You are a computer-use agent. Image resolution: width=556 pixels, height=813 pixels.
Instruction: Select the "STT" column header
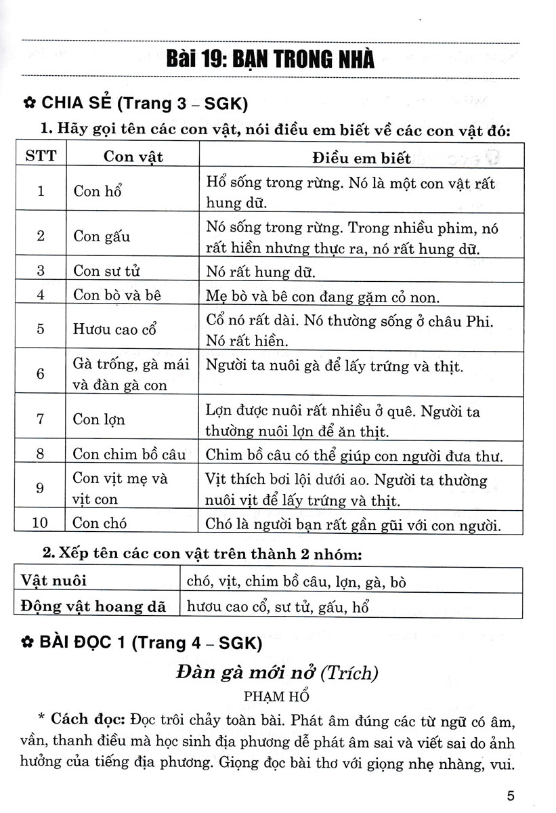pos(41,157)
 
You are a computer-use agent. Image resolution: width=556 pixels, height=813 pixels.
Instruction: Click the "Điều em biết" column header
pos(361,158)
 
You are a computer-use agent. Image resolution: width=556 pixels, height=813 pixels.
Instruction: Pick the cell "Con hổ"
pos(97,191)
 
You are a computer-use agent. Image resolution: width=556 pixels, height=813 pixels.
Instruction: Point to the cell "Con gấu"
pos(102,236)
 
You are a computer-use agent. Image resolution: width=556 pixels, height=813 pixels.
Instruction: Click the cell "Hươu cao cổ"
pos(114,330)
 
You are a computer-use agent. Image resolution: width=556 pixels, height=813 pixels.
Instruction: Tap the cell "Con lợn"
pos(99,419)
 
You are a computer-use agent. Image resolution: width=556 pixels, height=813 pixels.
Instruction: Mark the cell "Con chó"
pos(100,523)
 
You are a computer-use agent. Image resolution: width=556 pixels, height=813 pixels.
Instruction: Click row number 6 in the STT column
pos(41,375)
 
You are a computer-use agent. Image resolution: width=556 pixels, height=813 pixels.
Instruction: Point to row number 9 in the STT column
pos(41,488)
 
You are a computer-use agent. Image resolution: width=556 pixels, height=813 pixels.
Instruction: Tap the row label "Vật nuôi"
pos(54,581)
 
